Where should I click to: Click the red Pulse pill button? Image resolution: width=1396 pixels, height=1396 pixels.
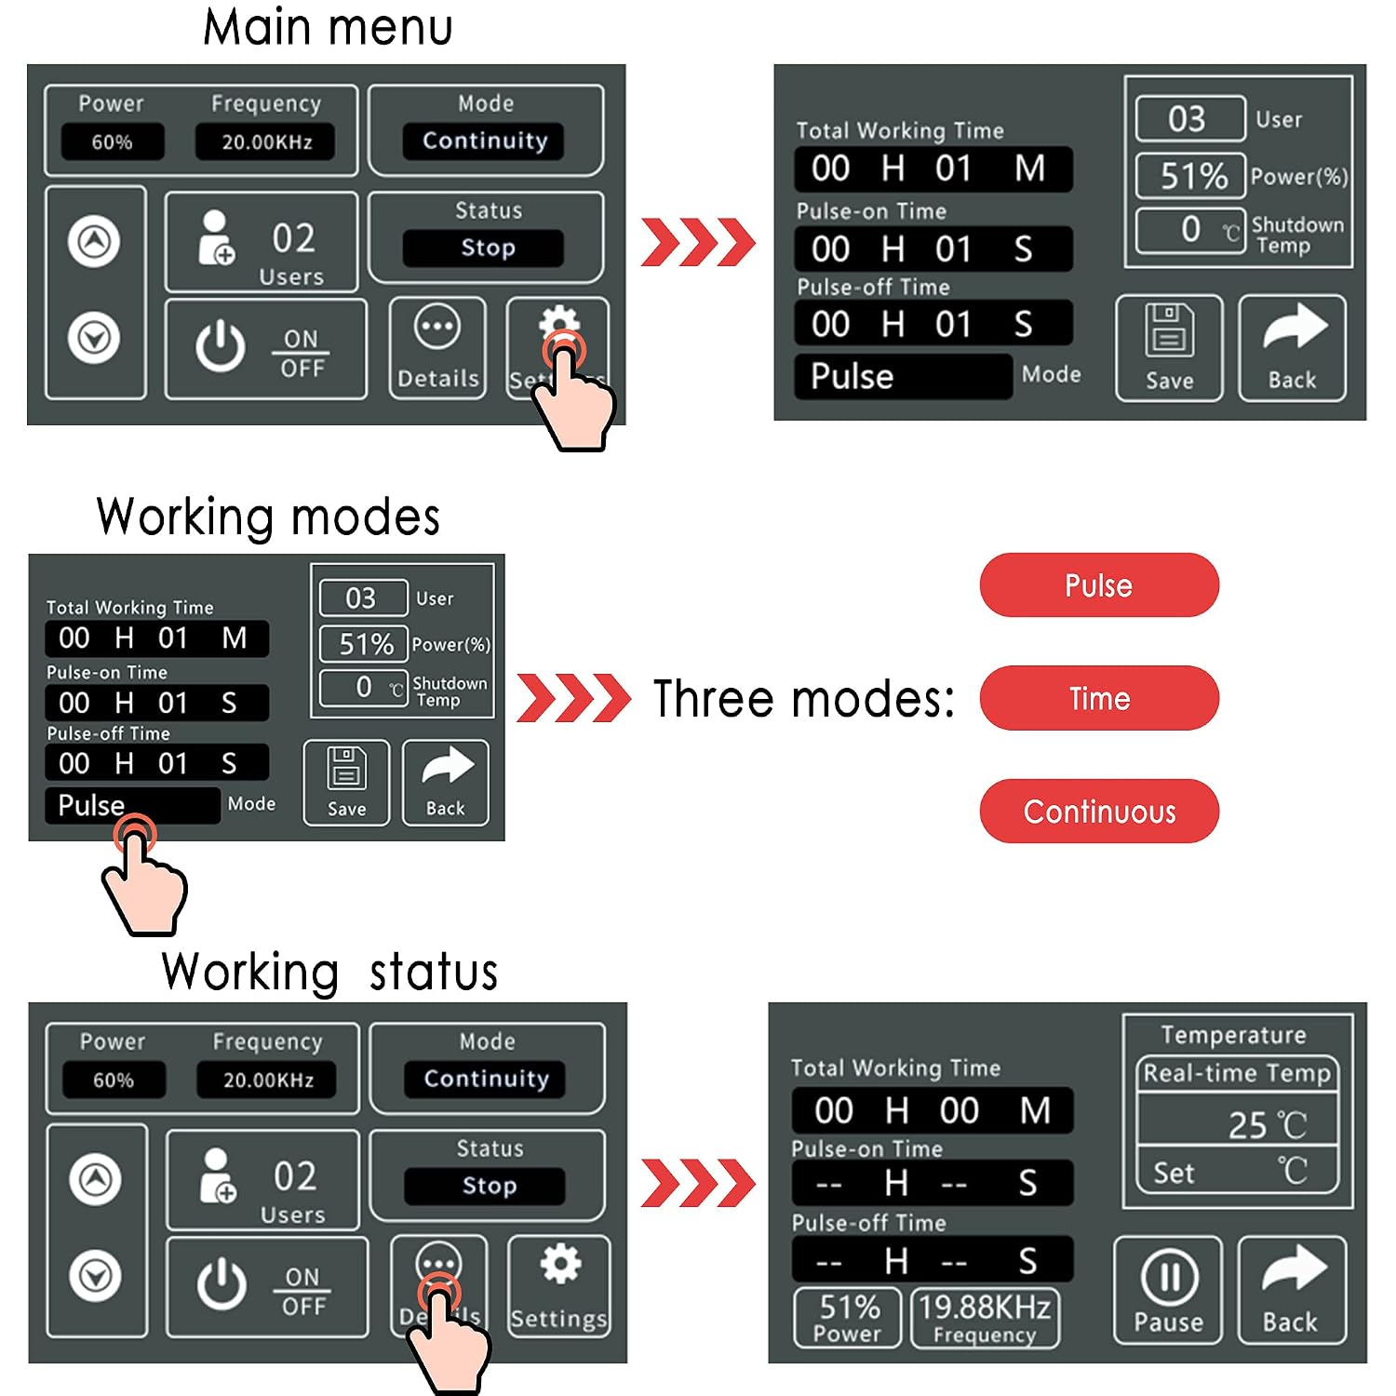click(1099, 585)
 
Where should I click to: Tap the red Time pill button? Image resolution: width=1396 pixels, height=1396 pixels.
click(1099, 698)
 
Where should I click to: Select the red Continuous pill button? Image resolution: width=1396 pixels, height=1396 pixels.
click(1099, 812)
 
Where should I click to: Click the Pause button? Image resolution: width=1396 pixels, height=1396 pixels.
click(1168, 1290)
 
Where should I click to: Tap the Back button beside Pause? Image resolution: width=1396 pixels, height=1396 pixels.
click(1292, 1290)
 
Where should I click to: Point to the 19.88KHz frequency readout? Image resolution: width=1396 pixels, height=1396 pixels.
click(985, 1318)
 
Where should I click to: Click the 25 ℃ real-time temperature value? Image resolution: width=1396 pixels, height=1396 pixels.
click(1267, 1125)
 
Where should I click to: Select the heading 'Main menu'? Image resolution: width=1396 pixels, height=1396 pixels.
click(328, 27)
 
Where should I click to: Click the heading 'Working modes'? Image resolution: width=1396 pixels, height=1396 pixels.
click(268, 517)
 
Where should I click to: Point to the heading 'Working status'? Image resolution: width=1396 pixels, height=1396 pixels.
click(329, 972)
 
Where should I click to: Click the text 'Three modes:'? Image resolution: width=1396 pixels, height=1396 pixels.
click(803, 699)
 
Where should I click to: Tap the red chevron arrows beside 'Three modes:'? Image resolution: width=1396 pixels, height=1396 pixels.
click(573, 698)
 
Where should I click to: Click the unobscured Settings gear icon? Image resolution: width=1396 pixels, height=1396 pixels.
click(560, 1263)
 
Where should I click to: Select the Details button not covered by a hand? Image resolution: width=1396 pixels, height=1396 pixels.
click(437, 348)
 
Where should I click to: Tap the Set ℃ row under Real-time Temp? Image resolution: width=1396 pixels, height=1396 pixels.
click(1238, 1172)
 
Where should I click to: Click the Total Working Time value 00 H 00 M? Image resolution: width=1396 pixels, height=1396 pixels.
click(933, 1110)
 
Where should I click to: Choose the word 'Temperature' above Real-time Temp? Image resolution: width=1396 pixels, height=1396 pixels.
click(1233, 1035)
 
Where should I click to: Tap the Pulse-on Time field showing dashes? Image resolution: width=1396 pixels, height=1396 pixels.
click(933, 1183)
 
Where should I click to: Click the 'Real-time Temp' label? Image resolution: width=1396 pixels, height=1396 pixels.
click(1237, 1073)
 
